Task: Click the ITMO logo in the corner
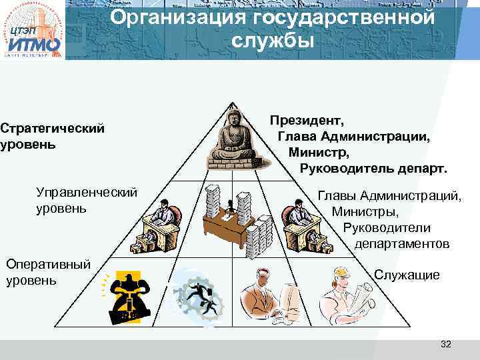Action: pyautogui.click(x=33, y=31)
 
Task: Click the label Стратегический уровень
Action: pyautogui.click(x=52, y=135)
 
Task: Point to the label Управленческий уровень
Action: pyautogui.click(x=87, y=201)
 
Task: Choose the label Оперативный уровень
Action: pyautogui.click(x=47, y=272)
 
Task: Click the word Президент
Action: pyautogui.click(x=307, y=121)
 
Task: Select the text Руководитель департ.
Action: pyautogui.click(x=373, y=167)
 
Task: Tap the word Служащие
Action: pyautogui.click(x=407, y=275)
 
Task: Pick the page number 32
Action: pyautogui.click(x=446, y=344)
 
